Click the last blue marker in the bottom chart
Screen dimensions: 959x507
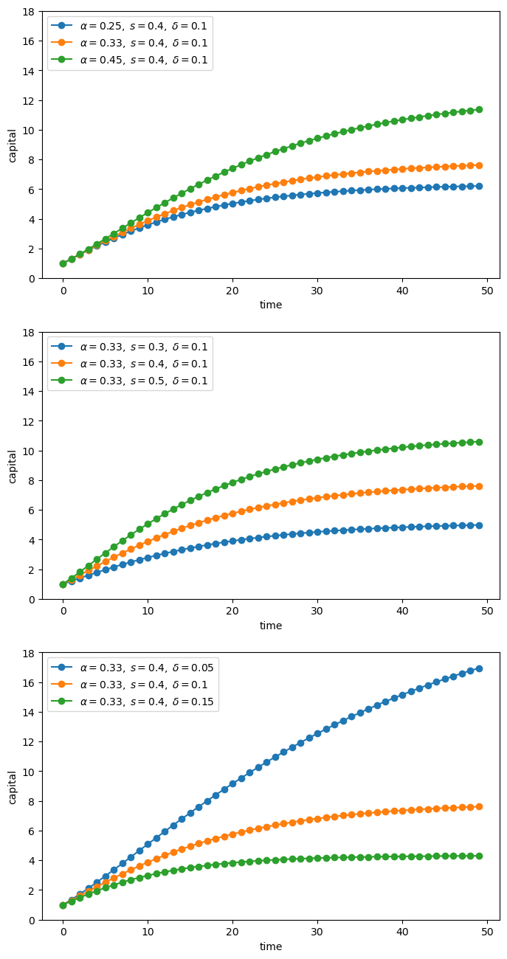click(x=479, y=668)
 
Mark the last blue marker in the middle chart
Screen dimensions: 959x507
click(x=479, y=525)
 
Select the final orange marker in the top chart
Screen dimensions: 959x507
click(x=479, y=165)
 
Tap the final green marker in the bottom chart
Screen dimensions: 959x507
click(x=479, y=856)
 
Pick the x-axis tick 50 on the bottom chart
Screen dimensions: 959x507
click(x=487, y=932)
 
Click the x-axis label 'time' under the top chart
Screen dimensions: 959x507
click(x=271, y=305)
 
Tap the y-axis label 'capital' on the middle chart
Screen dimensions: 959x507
click(x=13, y=465)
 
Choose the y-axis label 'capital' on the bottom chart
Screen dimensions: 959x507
click(x=13, y=786)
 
